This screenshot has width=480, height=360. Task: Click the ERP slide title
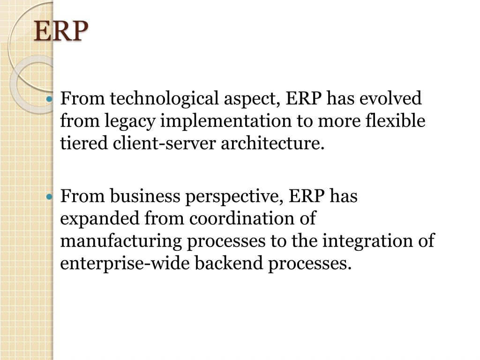click(61, 32)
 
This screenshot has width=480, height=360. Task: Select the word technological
click(164, 99)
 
